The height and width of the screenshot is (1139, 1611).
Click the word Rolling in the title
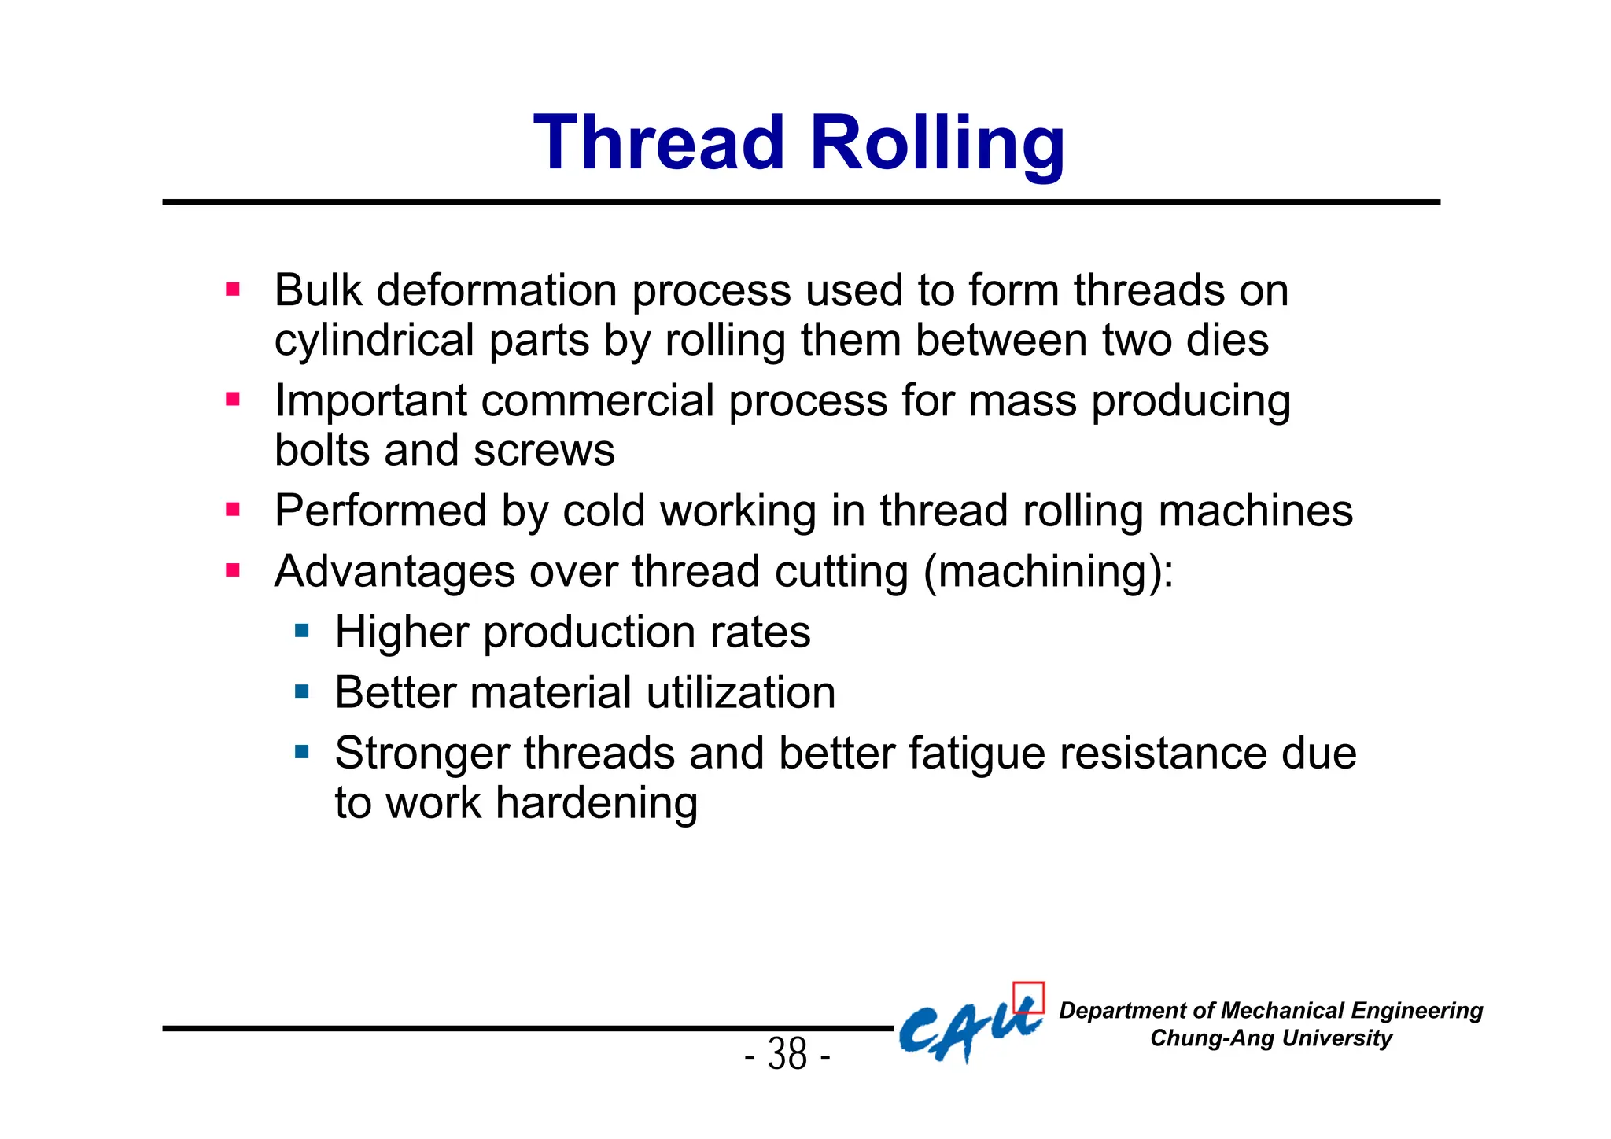[x=937, y=144]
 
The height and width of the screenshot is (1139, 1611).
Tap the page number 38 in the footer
[x=787, y=1054]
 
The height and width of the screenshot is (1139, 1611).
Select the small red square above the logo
[x=1028, y=997]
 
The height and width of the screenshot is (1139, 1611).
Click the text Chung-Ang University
[x=1270, y=1038]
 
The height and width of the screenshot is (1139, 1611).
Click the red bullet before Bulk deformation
[x=233, y=289]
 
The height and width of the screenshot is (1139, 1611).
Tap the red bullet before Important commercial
[x=233, y=399]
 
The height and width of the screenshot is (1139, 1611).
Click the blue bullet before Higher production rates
[x=302, y=630]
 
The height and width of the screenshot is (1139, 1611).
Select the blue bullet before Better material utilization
[x=302, y=691]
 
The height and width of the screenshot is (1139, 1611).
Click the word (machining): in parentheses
[x=1048, y=572]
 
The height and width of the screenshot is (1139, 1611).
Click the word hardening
[x=595, y=804]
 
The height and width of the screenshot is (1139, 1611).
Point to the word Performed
[x=380, y=511]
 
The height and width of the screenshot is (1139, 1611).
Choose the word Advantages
[x=394, y=572]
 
